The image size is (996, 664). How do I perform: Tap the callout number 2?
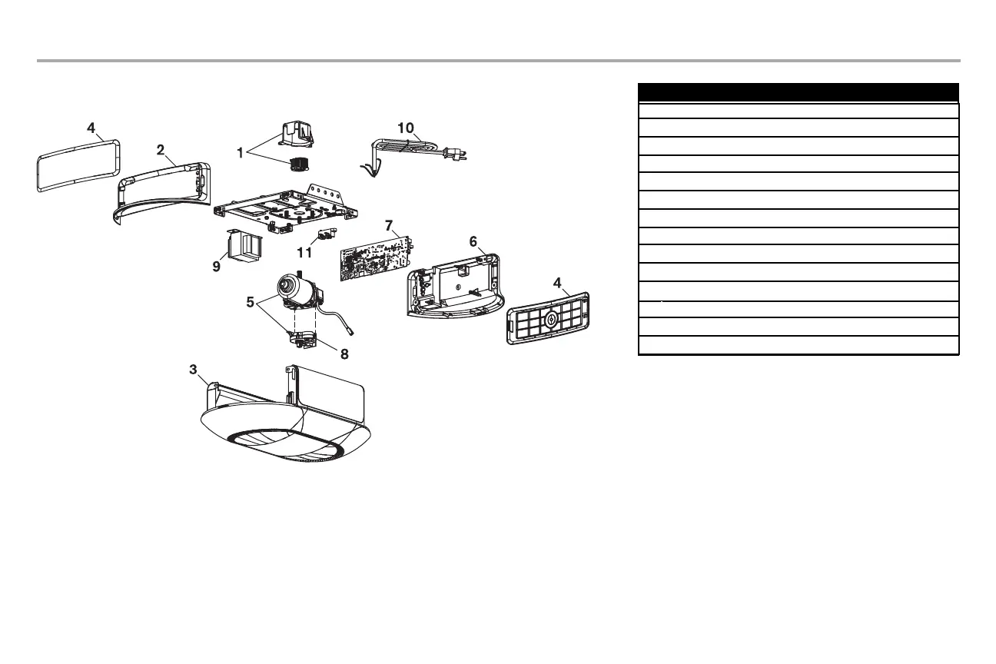pos(161,151)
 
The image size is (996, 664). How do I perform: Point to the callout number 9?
pos(217,267)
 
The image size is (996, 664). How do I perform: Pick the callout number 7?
pos(390,226)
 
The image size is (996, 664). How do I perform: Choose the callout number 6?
pos(474,241)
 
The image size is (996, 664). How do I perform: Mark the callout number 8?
pos(344,355)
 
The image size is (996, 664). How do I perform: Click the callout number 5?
pos(250,302)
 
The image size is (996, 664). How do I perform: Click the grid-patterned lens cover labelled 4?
pos(548,318)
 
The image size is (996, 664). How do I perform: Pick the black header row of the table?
pos(798,92)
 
